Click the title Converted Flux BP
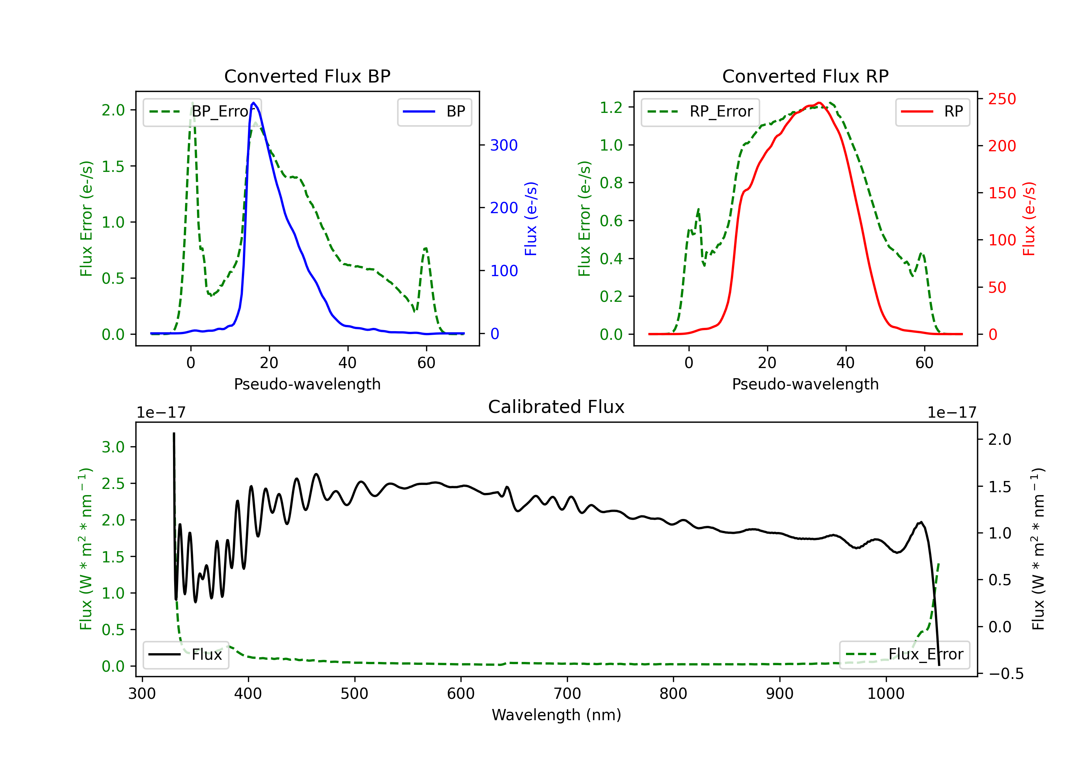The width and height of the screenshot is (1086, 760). (x=307, y=76)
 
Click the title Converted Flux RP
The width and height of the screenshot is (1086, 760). (x=805, y=76)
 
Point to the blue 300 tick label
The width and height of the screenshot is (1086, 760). (x=504, y=145)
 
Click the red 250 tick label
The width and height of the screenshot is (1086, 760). (x=1002, y=99)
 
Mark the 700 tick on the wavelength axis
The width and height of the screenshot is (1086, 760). (x=567, y=694)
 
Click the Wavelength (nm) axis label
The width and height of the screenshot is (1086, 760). (x=556, y=715)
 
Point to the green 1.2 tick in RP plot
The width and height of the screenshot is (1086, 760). (x=611, y=107)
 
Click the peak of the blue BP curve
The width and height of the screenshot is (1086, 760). (x=253, y=103)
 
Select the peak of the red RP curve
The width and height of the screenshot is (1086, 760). (x=819, y=103)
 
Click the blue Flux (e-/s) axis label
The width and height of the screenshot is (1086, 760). (x=531, y=219)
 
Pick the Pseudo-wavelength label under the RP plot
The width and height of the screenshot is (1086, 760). (x=805, y=384)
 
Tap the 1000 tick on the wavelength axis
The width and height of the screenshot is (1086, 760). (x=886, y=694)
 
